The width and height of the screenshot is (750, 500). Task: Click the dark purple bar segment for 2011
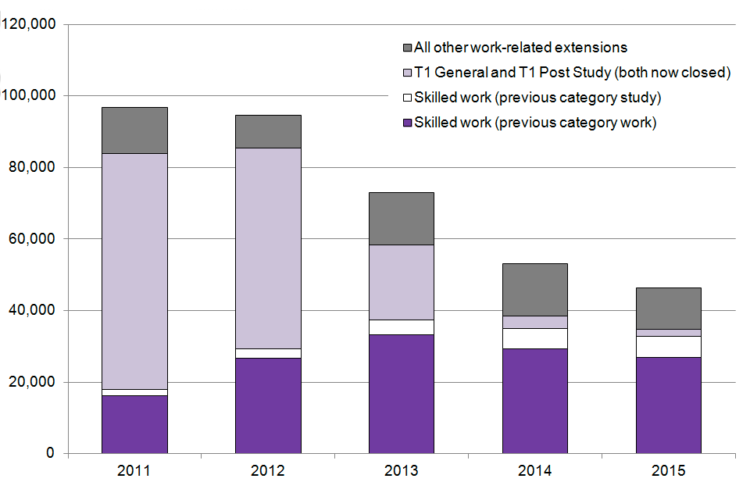[x=134, y=424]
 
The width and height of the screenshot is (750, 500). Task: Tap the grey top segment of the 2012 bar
[x=268, y=131]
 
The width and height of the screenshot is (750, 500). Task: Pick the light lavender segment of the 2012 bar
[x=268, y=248]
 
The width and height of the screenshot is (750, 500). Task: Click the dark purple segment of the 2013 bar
[x=401, y=394]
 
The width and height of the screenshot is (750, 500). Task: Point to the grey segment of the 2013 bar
[x=401, y=218]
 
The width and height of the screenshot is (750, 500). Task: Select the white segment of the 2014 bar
[x=534, y=338]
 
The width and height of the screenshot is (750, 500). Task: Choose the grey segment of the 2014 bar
[x=534, y=289]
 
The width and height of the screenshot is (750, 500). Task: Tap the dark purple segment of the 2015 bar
[x=668, y=405]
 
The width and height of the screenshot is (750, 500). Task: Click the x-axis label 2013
[x=401, y=471]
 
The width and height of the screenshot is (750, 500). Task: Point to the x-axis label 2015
[x=668, y=471]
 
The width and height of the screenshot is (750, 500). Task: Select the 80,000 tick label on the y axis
[x=30, y=167]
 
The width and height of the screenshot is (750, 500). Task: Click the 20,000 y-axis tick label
[x=30, y=382]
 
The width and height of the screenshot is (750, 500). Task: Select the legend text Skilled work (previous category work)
[x=535, y=122]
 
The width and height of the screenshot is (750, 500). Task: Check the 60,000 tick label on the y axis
[x=30, y=239]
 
